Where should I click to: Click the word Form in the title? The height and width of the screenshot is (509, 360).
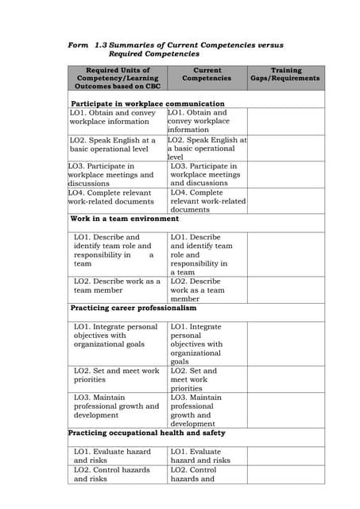(x=78, y=45)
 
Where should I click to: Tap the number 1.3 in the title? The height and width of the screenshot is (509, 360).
(x=100, y=45)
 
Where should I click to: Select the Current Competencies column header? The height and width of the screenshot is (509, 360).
(x=207, y=74)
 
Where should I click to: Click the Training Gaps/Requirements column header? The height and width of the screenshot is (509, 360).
(x=285, y=74)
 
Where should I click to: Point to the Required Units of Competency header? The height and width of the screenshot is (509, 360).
(x=118, y=78)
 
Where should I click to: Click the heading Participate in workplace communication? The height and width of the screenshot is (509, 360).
(x=148, y=103)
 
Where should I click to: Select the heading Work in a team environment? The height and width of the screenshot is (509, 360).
(x=125, y=218)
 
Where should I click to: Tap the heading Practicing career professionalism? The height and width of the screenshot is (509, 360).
(x=134, y=308)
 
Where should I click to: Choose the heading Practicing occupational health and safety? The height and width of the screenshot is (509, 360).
(x=147, y=433)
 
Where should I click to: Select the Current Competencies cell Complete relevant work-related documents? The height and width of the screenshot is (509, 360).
(x=207, y=200)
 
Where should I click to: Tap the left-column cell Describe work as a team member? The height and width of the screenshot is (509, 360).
(x=117, y=286)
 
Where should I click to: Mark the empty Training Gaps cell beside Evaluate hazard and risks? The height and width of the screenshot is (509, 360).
(x=285, y=456)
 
